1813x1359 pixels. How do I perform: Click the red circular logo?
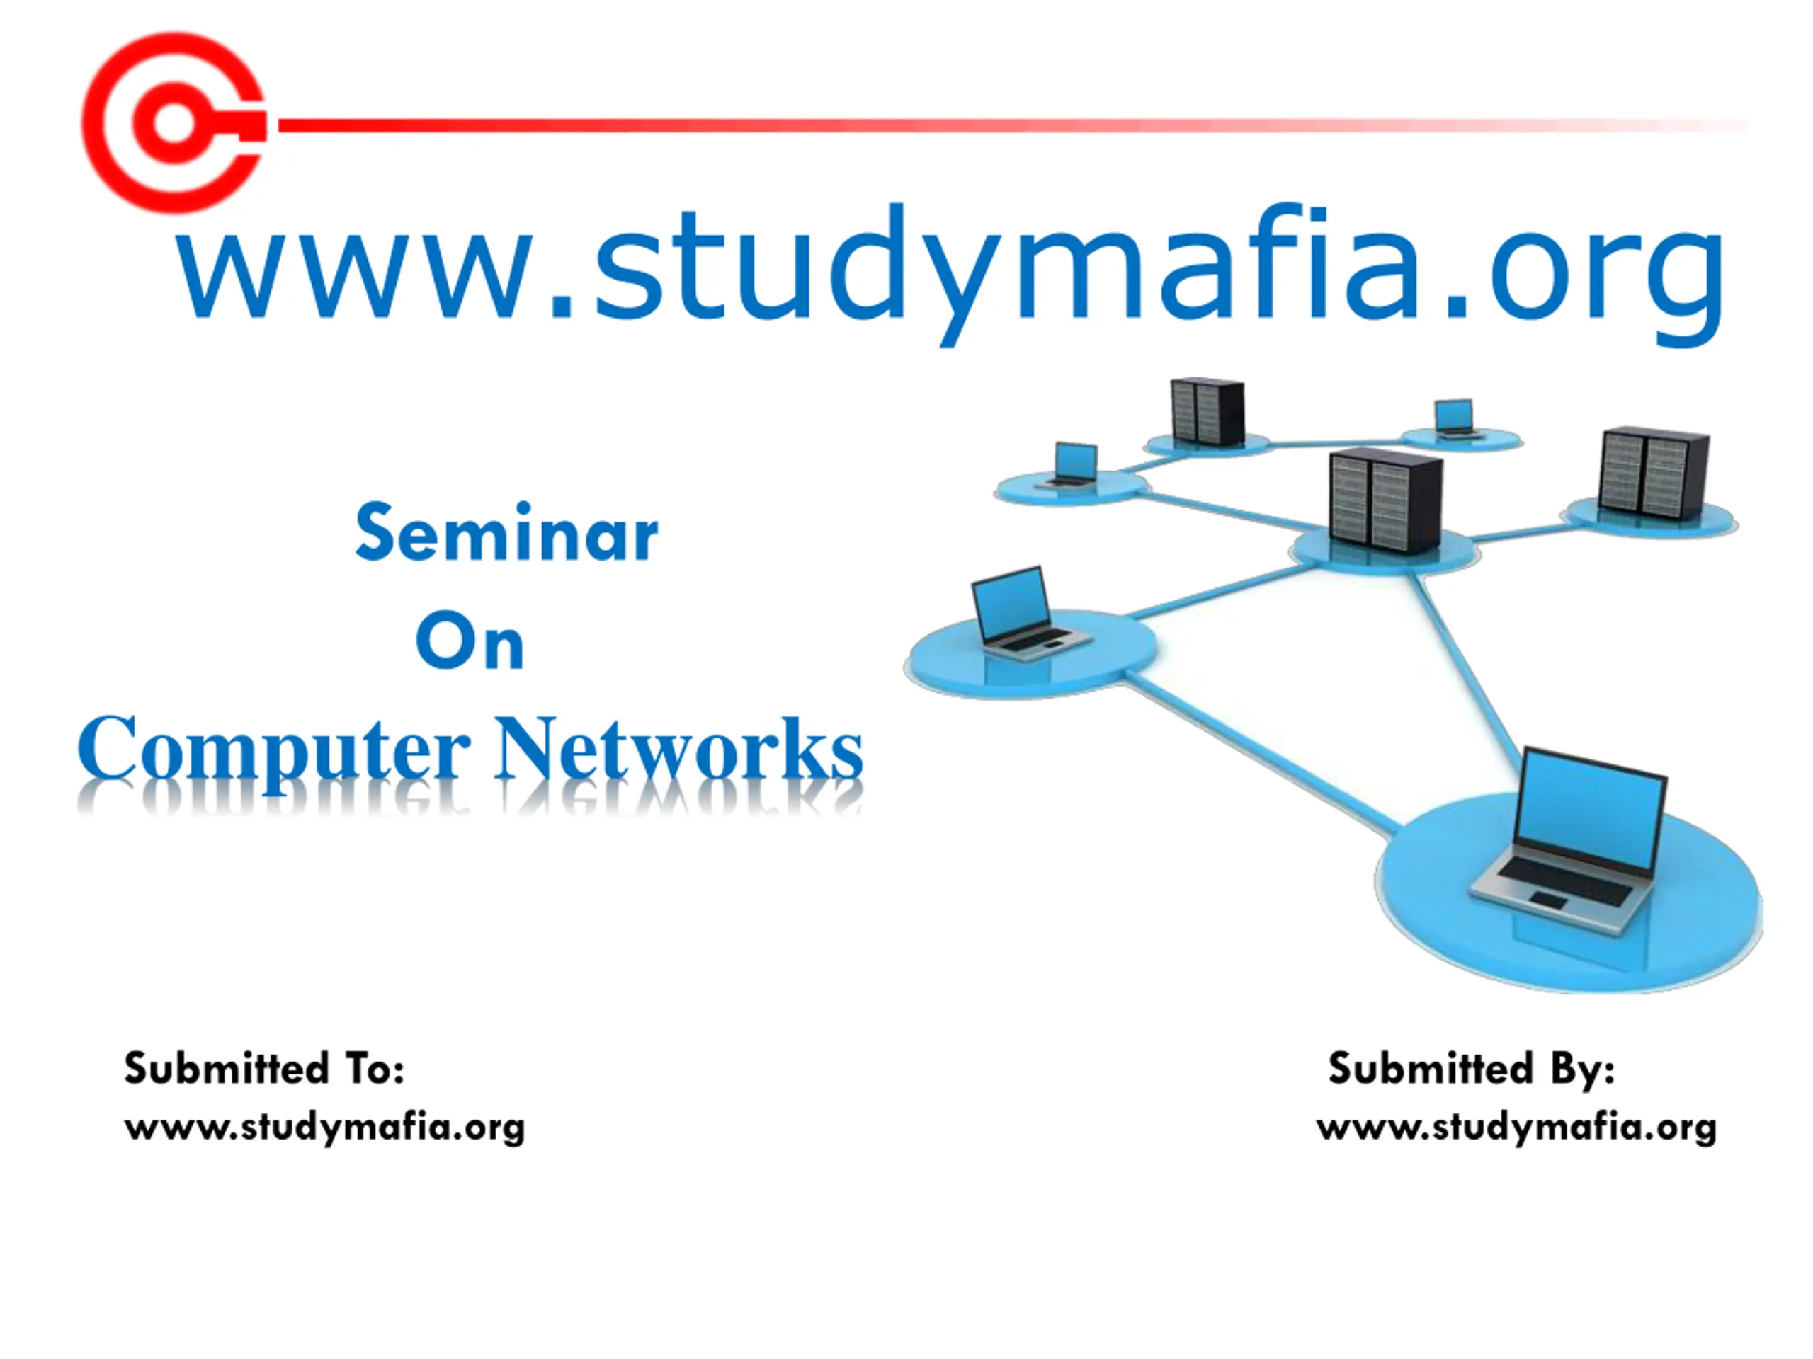(174, 123)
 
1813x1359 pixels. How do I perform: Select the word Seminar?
(506, 534)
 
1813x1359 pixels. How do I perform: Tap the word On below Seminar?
(470, 641)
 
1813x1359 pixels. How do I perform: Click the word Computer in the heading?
(275, 749)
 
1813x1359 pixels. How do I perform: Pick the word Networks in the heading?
(678, 749)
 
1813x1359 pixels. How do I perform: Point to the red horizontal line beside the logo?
(984, 125)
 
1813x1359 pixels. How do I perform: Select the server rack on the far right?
(1654, 474)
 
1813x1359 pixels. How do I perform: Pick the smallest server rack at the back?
(1207, 411)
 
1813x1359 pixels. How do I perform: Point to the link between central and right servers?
(1516, 532)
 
